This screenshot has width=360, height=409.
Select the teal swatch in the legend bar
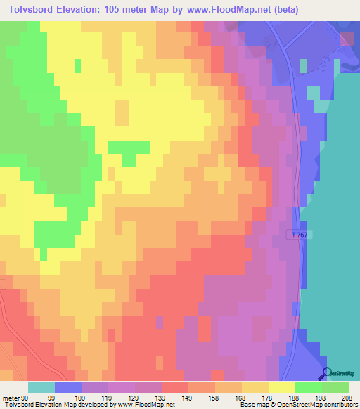[x=41, y=387]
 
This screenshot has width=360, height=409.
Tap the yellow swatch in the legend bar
[x=281, y=387]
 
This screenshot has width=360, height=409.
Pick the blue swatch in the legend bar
[x=68, y=387]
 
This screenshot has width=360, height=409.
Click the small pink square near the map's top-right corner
[x=347, y=39]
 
